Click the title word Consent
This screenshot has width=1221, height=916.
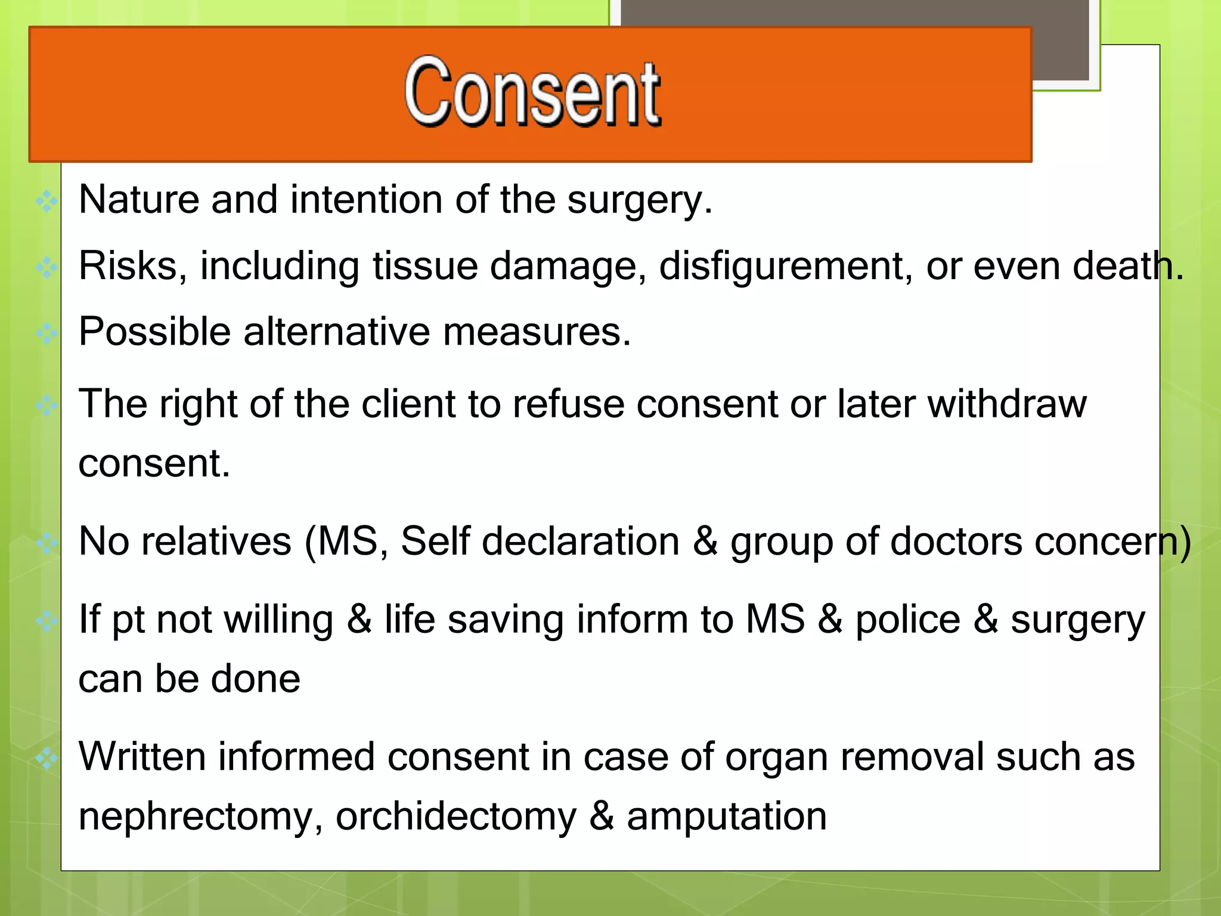(x=532, y=92)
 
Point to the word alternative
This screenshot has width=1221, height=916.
(x=336, y=332)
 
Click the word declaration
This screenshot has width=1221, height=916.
(x=582, y=541)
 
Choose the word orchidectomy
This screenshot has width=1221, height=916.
(x=456, y=817)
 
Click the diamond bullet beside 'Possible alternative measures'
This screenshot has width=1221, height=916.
(x=47, y=333)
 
